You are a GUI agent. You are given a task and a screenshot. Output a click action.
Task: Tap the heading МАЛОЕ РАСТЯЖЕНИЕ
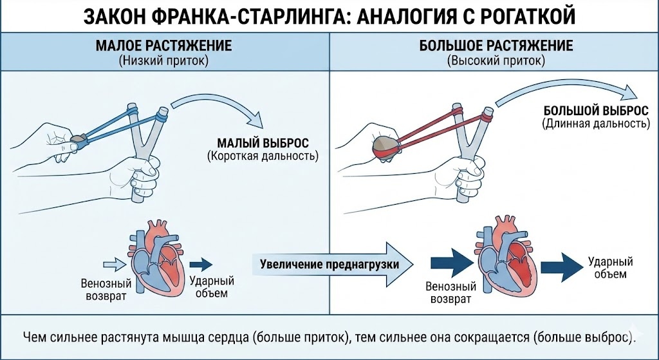pyautogui.click(x=163, y=47)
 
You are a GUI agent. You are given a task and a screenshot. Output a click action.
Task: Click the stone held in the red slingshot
pyautogui.click(x=385, y=147)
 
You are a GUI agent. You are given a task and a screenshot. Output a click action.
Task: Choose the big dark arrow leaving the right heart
pyautogui.click(x=561, y=264)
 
